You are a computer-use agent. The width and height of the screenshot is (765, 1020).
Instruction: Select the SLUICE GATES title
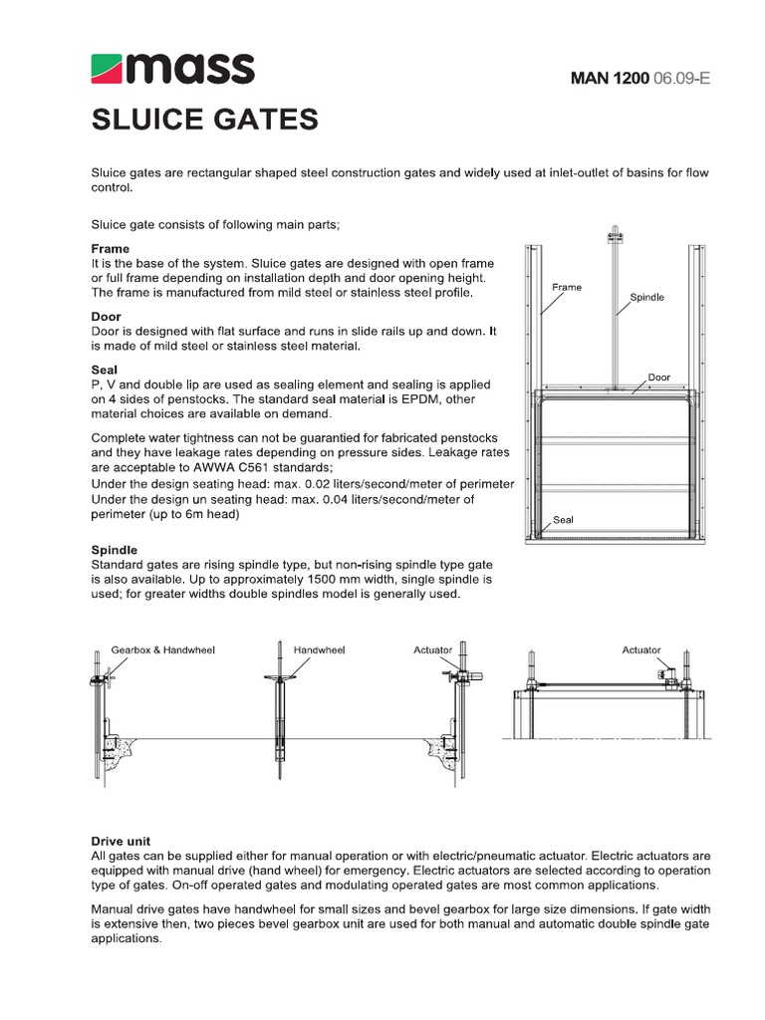coord(205,121)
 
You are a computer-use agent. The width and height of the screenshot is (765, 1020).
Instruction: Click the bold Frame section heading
coord(111,248)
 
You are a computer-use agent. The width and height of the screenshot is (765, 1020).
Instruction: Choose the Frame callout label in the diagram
coord(566,287)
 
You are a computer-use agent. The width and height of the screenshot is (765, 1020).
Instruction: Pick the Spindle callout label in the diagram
coord(646,297)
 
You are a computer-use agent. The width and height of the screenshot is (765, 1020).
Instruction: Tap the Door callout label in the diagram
coord(659,377)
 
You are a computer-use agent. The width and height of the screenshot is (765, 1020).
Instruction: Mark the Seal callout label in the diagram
coord(564,519)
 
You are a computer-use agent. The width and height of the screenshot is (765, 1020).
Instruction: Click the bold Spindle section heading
coord(115,550)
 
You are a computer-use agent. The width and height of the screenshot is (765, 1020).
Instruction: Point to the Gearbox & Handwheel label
coord(162,649)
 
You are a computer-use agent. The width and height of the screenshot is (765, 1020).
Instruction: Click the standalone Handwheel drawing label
coord(319,649)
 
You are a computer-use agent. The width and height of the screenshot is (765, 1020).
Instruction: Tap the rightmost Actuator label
coord(641,649)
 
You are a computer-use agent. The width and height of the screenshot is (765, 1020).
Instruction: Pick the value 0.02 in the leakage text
coord(317,483)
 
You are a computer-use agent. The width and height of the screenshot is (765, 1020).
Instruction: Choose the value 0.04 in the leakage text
coord(330,499)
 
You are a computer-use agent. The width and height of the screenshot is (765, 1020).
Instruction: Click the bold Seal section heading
coord(105,369)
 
